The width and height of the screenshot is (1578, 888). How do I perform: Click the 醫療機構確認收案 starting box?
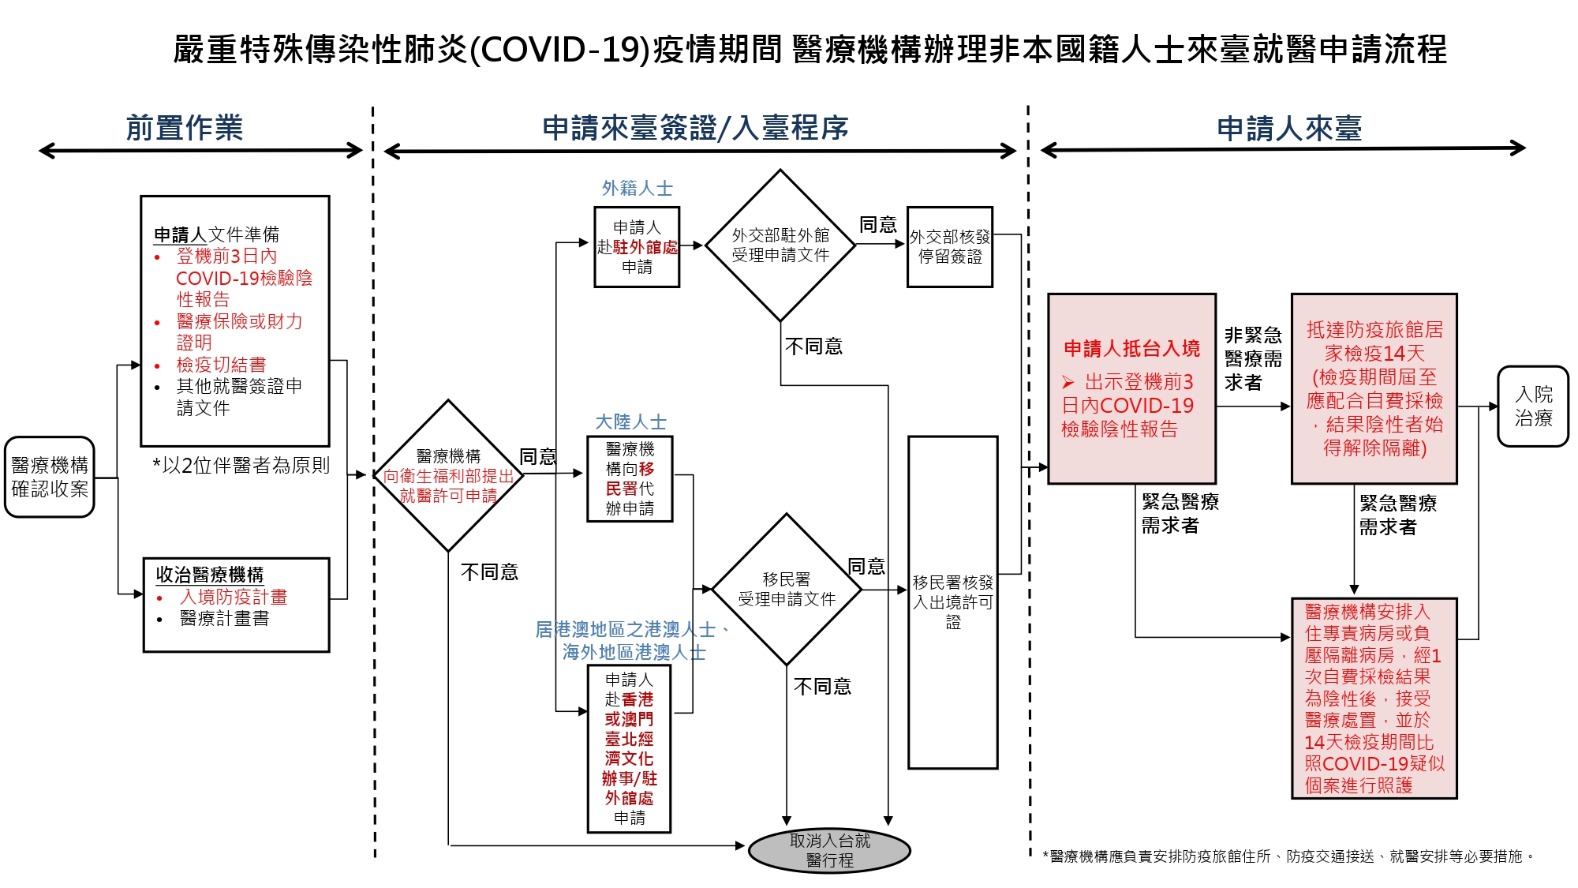(50, 477)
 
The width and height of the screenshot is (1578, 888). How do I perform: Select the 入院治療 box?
(1533, 406)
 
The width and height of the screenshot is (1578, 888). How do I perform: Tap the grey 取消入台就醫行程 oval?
(829, 850)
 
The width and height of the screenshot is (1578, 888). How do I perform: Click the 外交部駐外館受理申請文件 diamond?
(780, 245)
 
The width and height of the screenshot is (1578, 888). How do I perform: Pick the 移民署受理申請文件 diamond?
(787, 589)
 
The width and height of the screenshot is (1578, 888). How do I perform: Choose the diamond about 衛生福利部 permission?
(448, 475)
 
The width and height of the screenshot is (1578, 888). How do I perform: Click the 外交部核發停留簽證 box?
(950, 247)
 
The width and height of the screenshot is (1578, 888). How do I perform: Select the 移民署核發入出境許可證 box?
(953, 602)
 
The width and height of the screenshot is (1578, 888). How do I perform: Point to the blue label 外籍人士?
(638, 188)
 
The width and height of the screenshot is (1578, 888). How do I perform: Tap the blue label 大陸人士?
(630, 422)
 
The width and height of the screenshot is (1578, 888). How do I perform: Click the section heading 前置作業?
(185, 128)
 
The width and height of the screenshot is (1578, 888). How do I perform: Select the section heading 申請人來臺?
(1289, 129)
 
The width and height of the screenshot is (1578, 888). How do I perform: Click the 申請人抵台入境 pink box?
(1131, 388)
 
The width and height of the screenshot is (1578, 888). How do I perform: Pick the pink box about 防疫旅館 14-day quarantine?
(1374, 388)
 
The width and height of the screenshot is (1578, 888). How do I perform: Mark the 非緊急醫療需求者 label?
(1253, 358)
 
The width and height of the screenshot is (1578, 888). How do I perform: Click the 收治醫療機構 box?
(236, 605)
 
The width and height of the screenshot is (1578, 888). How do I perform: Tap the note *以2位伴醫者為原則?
(241, 465)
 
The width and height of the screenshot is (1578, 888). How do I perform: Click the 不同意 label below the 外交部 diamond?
(813, 346)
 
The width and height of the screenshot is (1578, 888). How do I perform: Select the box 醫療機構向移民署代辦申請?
(630, 478)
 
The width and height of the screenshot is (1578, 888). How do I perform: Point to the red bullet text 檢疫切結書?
(221, 364)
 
